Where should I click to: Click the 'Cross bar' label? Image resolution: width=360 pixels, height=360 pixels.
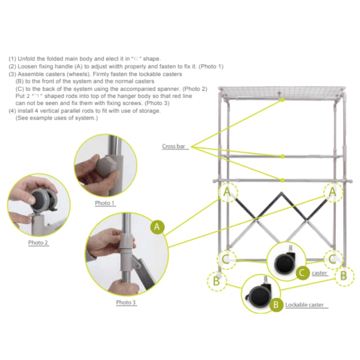tap(173, 146)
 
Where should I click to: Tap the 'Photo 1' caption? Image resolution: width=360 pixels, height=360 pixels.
tap(104, 203)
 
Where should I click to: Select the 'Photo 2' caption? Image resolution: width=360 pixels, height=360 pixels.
tap(38, 243)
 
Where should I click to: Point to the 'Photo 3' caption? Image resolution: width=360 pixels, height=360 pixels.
tap(126, 303)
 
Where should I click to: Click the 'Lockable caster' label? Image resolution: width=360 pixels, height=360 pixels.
tap(305, 305)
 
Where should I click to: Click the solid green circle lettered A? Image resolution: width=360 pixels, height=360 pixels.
tap(157, 227)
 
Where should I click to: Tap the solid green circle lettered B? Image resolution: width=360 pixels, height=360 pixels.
tap(276, 305)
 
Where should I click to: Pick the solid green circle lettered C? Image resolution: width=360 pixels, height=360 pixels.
tap(303, 273)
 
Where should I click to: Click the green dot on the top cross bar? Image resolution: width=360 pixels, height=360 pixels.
tap(283, 100)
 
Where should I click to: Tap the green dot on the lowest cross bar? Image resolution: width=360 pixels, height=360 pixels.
tap(283, 180)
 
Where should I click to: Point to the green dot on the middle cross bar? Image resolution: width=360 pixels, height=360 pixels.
tap(283, 156)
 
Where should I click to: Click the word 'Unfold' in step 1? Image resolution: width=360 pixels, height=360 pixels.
tap(27, 59)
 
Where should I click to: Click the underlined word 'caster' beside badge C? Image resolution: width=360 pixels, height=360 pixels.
tap(319, 273)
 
